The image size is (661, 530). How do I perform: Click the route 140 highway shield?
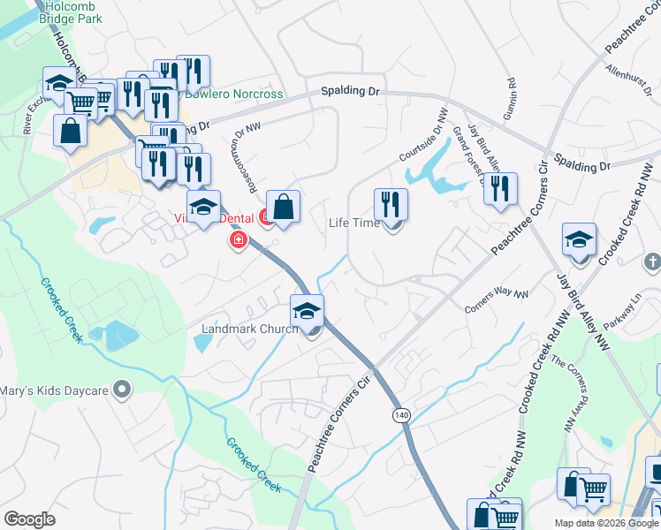pos(402,414)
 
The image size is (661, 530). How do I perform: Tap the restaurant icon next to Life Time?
pos(390,205)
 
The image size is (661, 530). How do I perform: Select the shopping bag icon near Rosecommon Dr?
pos(283,208)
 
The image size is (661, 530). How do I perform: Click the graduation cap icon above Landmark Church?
pos(307,312)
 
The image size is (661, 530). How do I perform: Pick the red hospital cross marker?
pos(237,240)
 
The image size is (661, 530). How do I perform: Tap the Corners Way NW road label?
pos(497,301)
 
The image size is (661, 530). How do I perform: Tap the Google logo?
pos(30,519)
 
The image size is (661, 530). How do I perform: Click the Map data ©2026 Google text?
pos(605,523)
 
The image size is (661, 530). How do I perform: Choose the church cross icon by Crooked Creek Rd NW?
pos(652,261)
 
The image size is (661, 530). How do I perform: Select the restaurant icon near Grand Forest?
pos(501,189)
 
